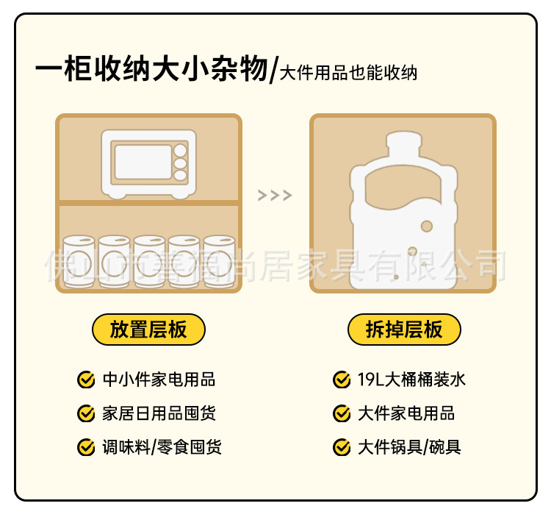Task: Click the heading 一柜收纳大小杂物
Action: pos(151,71)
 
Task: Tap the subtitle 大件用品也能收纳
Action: pos(348,74)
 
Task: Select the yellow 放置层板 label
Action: pos(148,330)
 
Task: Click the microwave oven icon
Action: pos(150,164)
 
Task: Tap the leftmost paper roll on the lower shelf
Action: pos(79,261)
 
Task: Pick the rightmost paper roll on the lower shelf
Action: pos(219,261)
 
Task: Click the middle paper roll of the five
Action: pos(149,261)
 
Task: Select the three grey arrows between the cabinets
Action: pos(275,196)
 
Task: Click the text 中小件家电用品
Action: pos(159,380)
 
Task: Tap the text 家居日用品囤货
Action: pos(159,413)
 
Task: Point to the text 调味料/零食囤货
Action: pos(162,446)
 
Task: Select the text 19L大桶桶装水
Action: pos(411,380)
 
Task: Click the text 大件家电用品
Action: pos(406,413)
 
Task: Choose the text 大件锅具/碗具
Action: pos(409,446)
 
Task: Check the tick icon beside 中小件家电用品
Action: pos(86,380)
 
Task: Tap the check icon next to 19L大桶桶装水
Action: pos(342,380)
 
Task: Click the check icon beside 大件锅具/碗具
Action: pos(342,446)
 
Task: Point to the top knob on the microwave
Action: pos(180,150)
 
